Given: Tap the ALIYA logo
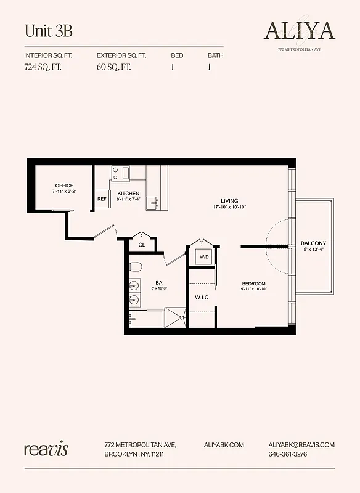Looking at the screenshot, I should (299, 30).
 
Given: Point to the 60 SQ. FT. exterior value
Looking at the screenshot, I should (116, 67).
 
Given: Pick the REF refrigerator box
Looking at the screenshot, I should (102, 199).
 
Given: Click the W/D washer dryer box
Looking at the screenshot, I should (203, 256).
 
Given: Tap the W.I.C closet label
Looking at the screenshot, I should (203, 298).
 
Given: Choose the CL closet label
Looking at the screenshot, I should (141, 245).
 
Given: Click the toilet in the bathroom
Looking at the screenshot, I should (137, 267).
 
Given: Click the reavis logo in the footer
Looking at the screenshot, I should (46, 448).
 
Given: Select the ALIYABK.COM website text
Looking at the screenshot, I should (224, 444).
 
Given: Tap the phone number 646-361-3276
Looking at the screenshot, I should (287, 454).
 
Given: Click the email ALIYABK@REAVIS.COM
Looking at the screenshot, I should (301, 444).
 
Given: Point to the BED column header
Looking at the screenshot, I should (177, 55).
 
